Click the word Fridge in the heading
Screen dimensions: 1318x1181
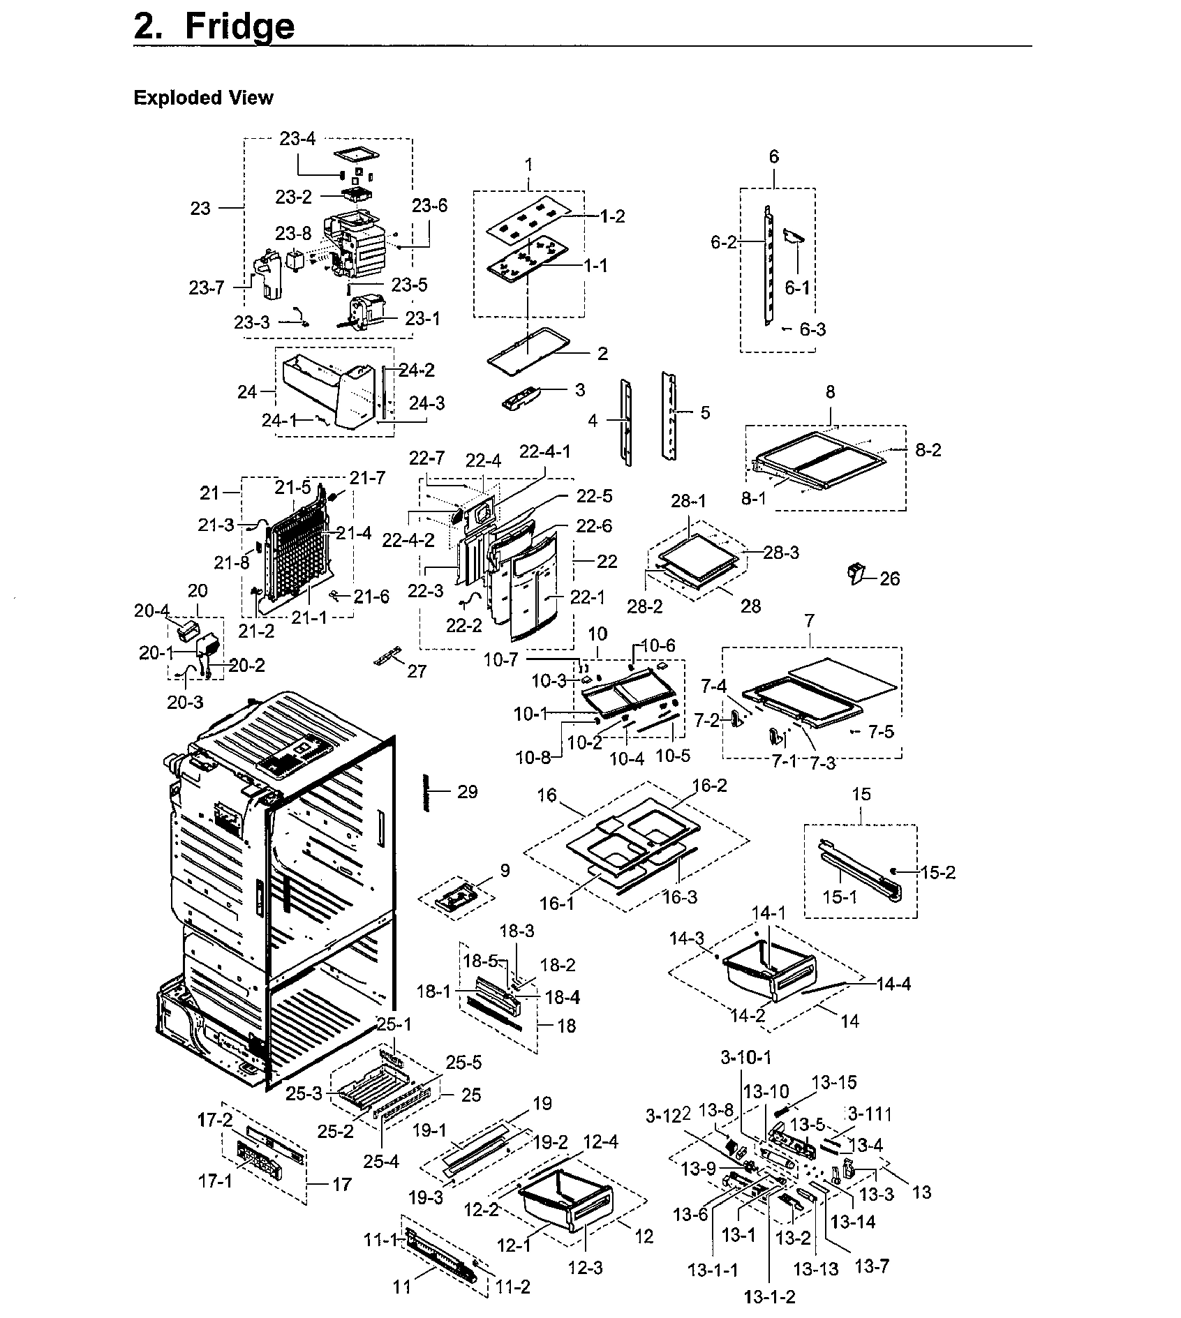point(239,27)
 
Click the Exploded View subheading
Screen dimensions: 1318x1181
point(203,98)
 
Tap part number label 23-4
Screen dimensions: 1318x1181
point(297,139)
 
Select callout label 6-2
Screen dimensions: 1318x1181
point(724,242)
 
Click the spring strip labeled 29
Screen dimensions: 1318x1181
point(424,792)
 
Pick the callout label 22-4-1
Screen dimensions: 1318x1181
point(544,451)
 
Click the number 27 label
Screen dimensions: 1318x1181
point(417,671)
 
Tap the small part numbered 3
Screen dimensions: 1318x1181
point(521,400)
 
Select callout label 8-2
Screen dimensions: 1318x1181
point(928,451)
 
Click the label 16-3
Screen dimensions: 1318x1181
point(679,897)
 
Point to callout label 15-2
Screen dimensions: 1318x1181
point(937,872)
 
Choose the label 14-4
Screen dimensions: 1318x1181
point(893,984)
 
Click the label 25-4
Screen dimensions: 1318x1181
point(381,1160)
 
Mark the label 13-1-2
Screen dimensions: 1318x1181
point(769,1296)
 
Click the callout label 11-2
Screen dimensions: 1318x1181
point(512,1287)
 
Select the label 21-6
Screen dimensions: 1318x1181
point(371,597)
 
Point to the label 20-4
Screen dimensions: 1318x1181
point(152,611)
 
